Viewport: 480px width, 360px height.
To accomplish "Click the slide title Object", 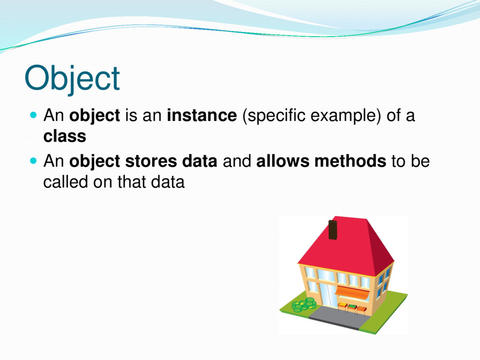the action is click(72, 79).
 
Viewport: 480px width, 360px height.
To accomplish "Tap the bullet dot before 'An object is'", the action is click(33, 115).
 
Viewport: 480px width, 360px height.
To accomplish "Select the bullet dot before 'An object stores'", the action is click(33, 161).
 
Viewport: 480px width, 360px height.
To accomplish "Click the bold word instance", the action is click(202, 115).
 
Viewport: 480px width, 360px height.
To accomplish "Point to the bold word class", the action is click(65, 136).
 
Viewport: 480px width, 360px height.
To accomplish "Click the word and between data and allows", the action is click(237, 161).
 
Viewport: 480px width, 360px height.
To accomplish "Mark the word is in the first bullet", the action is click(131, 115).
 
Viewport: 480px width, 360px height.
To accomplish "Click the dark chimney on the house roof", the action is click(333, 230).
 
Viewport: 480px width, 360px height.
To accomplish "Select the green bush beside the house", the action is click(304, 305).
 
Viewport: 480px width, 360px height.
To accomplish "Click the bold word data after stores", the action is click(200, 161).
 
